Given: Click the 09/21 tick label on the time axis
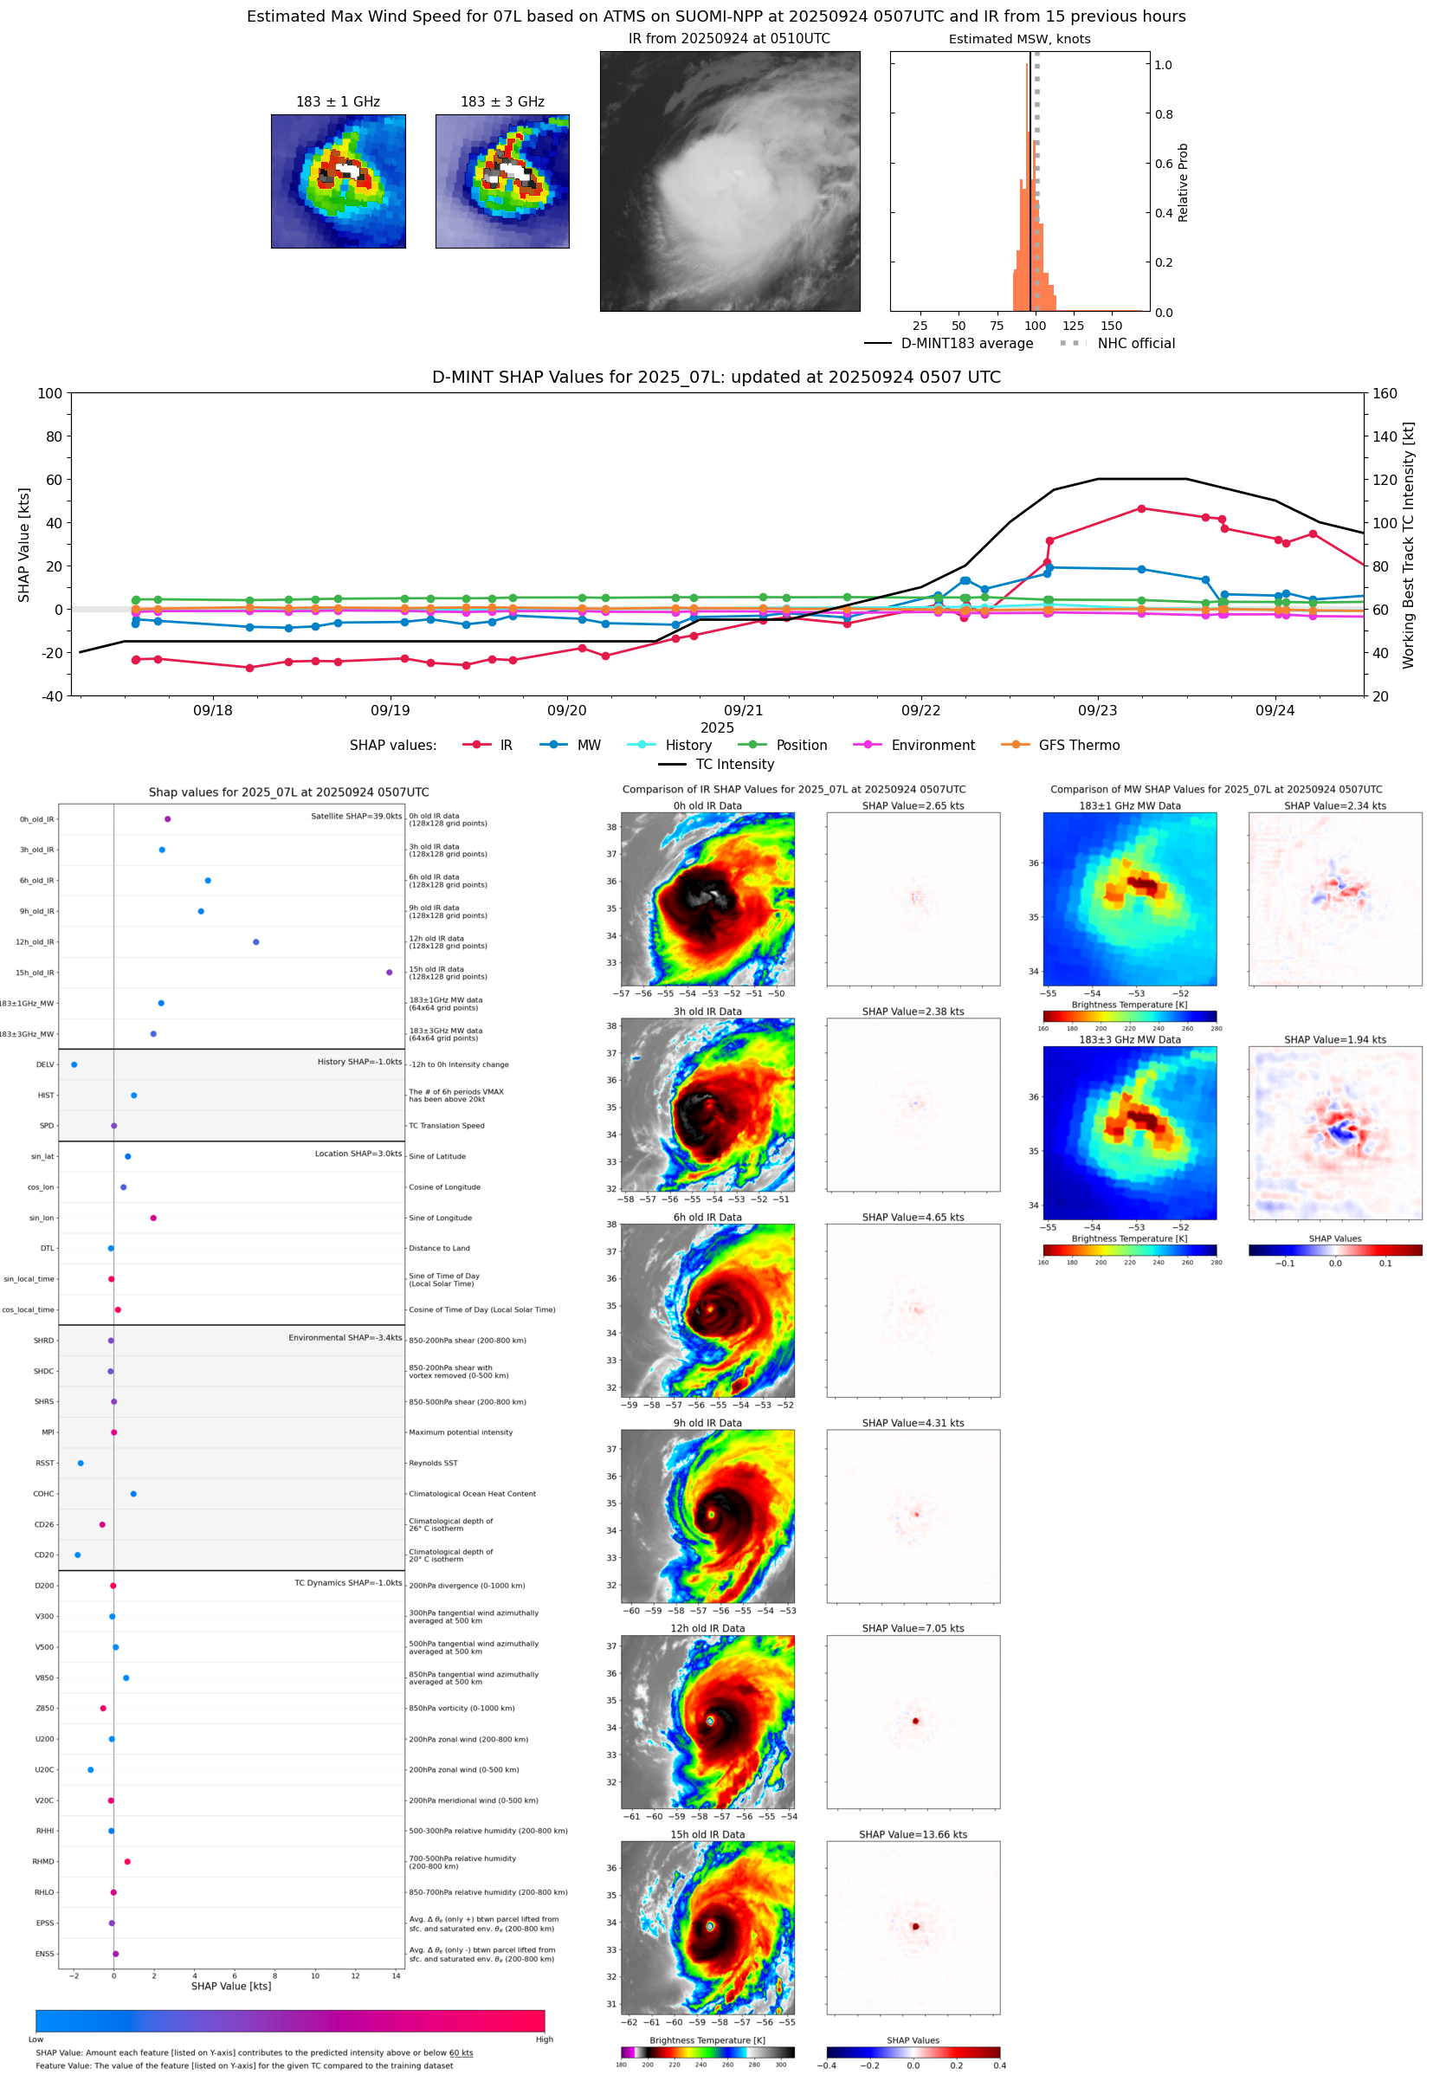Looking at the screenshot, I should pyautogui.click(x=743, y=710).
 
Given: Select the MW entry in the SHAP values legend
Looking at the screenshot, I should pyautogui.click(x=588, y=746).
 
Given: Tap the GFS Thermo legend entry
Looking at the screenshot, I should pyautogui.click(x=1078, y=746).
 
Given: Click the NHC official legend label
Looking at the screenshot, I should pyautogui.click(x=1135, y=343).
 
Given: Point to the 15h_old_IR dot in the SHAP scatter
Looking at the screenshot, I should pyautogui.click(x=389, y=973).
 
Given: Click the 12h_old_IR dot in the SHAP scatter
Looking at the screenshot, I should pyautogui.click(x=256, y=942).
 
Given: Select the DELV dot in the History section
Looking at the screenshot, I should pyautogui.click(x=74, y=1065).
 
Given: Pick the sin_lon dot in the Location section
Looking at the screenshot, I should pyautogui.click(x=153, y=1218).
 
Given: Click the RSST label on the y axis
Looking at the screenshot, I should pyautogui.click(x=44, y=1463).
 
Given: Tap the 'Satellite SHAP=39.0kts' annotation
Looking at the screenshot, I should pyautogui.click(x=356, y=816).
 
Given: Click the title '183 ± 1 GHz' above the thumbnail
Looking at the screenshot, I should pyautogui.click(x=338, y=102).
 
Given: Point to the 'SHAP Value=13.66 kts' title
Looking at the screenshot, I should pyautogui.click(x=913, y=1834).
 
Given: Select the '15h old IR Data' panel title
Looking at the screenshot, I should pyautogui.click(x=707, y=1834).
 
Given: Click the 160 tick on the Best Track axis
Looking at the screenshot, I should pyautogui.click(x=1385, y=393).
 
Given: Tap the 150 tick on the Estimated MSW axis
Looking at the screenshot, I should pyautogui.click(x=1111, y=326).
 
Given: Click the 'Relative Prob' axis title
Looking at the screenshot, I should pyautogui.click(x=1183, y=182).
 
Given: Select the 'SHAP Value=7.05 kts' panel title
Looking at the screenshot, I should pyautogui.click(x=913, y=1628).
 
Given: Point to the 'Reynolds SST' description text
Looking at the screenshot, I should pyautogui.click(x=433, y=1463).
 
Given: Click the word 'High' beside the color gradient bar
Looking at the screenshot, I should pyautogui.click(x=544, y=2039).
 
